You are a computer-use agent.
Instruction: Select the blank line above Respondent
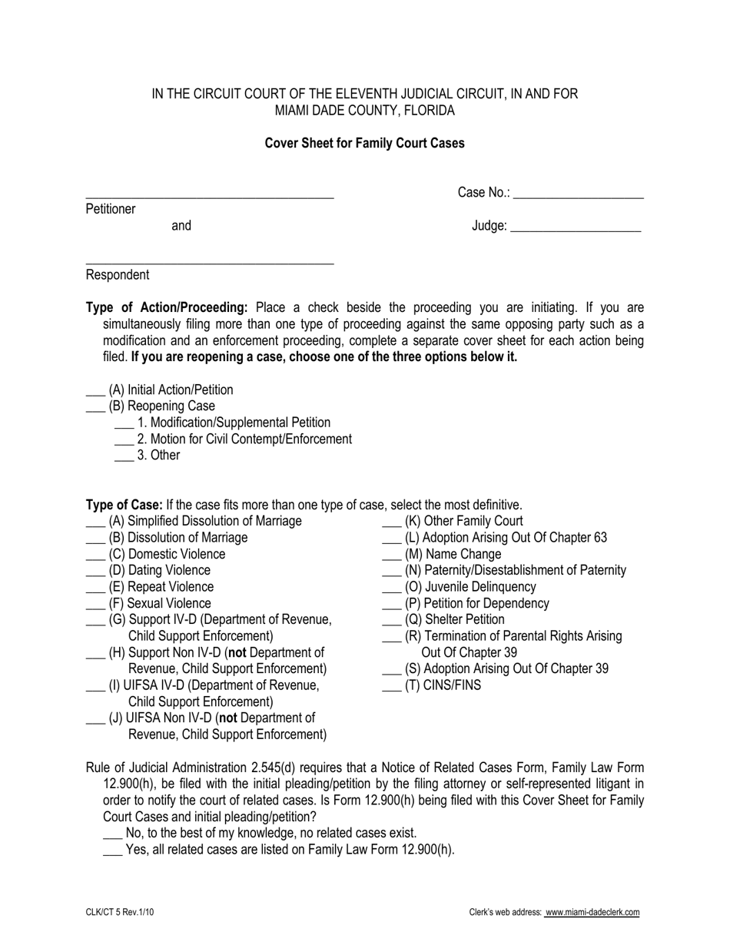(x=209, y=263)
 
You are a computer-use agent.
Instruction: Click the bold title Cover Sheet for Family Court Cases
(x=364, y=143)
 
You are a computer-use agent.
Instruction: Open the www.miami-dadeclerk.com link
(x=592, y=913)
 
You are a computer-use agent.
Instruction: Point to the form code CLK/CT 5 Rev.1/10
(x=124, y=913)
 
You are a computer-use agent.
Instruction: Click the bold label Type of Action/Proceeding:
(x=167, y=308)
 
